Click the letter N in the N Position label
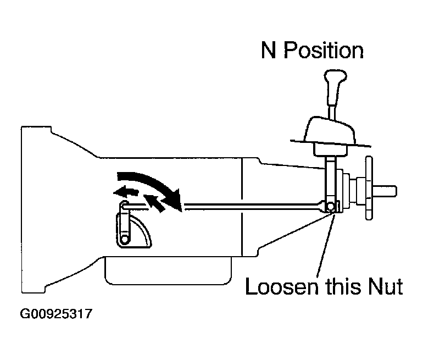[269, 50]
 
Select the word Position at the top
[324, 50]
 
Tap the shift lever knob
[335, 77]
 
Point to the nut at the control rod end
[331, 207]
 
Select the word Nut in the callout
[386, 286]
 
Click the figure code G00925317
[56, 314]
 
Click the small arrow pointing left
[126, 192]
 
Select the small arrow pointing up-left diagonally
[154, 203]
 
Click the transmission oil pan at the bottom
[168, 270]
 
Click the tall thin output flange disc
[369, 188]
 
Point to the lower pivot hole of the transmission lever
[124, 240]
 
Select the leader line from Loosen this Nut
[326, 246]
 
